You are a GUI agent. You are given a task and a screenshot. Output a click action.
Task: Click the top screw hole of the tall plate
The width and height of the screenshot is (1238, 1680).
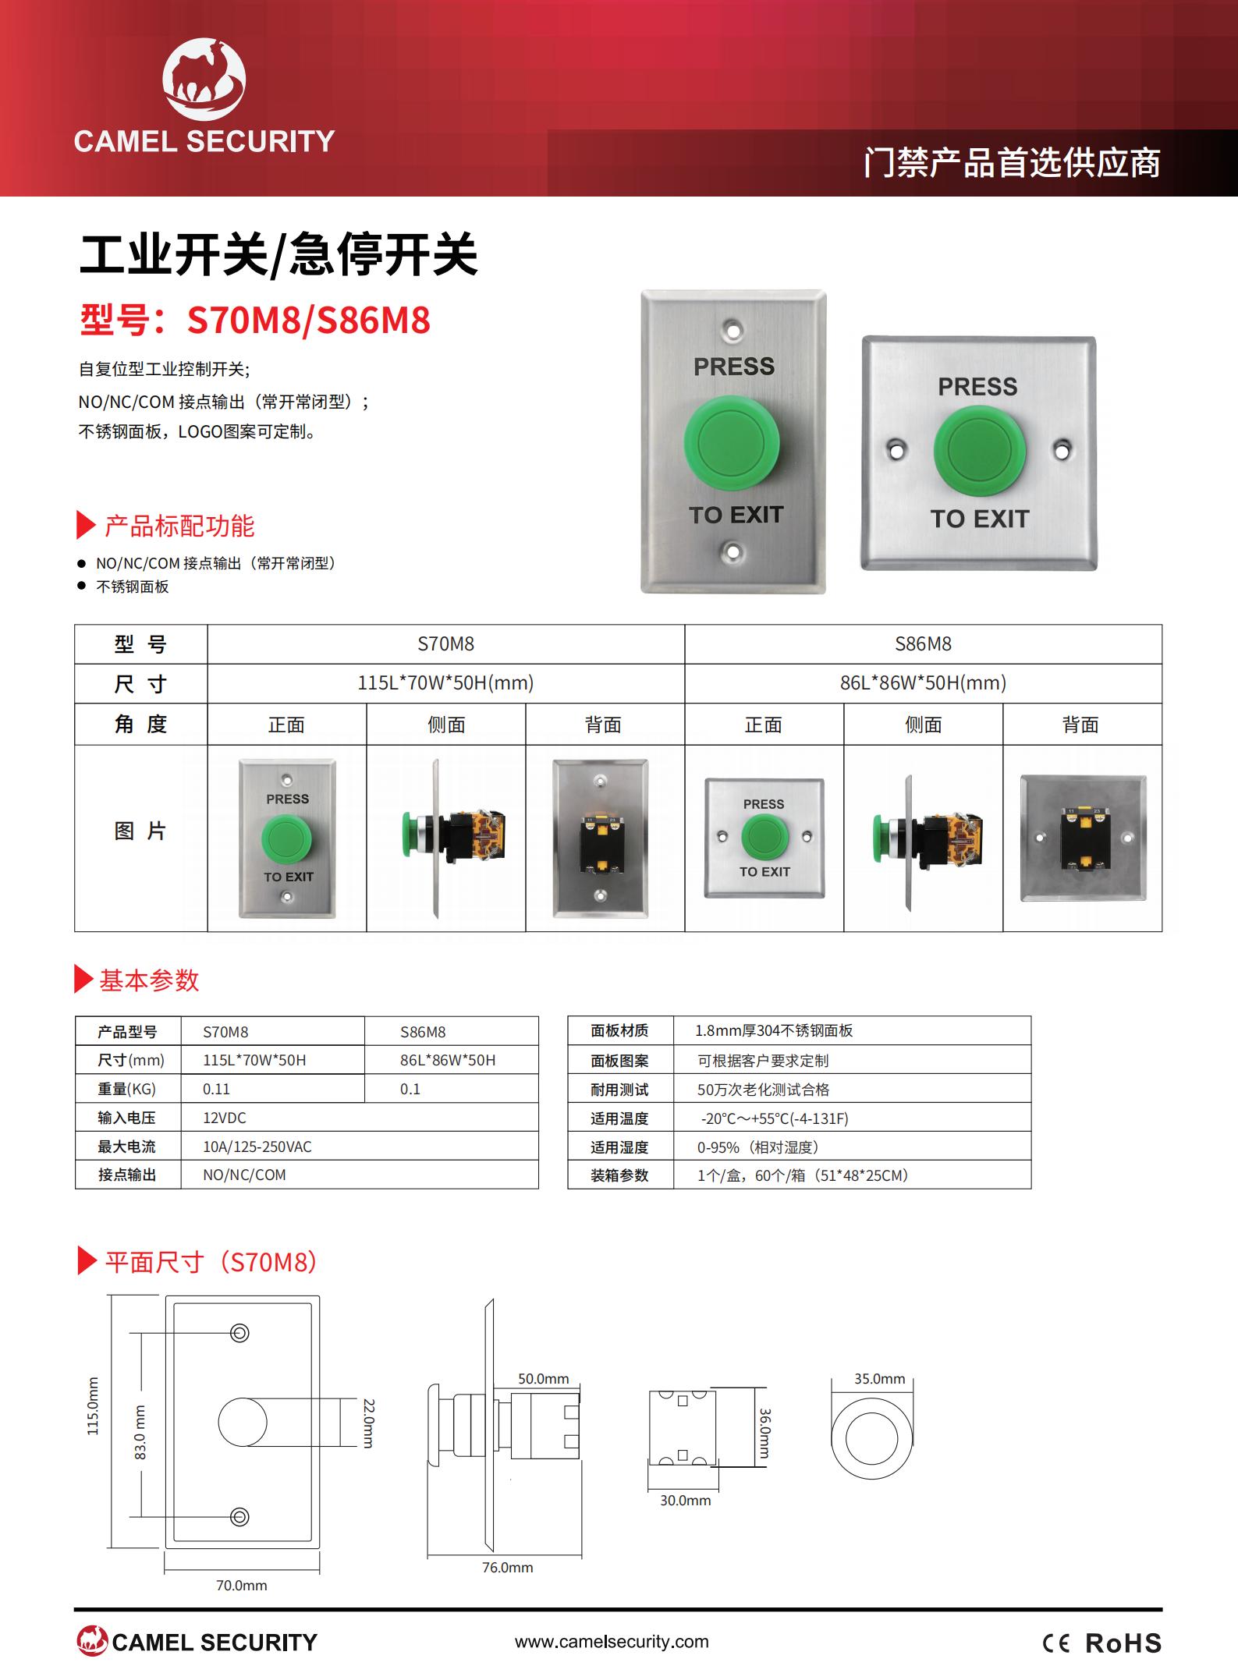[732, 330]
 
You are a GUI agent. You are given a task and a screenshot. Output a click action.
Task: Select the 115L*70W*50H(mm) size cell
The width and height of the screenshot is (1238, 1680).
[445, 683]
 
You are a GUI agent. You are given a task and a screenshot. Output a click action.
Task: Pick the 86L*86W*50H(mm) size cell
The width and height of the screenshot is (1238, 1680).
[923, 683]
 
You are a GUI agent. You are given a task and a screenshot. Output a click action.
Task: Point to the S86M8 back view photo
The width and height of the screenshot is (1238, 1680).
[1084, 838]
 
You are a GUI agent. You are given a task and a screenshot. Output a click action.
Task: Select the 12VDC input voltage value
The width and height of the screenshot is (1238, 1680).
[225, 1118]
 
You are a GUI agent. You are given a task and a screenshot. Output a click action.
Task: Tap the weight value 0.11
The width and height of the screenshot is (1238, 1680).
[216, 1089]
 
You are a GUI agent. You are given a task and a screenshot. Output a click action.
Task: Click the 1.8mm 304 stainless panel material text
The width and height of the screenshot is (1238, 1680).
[774, 1030]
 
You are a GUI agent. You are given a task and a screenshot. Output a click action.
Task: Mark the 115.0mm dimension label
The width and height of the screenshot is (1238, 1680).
[93, 1405]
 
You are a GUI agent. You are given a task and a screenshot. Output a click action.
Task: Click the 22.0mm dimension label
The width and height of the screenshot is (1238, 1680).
[369, 1423]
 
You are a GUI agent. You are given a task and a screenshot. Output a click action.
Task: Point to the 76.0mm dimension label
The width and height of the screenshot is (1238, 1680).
[508, 1567]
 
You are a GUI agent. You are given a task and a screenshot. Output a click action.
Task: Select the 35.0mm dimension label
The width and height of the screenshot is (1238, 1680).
[879, 1378]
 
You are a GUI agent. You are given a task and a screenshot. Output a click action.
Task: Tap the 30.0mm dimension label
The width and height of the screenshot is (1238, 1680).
[686, 1500]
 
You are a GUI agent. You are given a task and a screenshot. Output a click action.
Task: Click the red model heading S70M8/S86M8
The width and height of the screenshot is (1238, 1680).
[255, 320]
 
